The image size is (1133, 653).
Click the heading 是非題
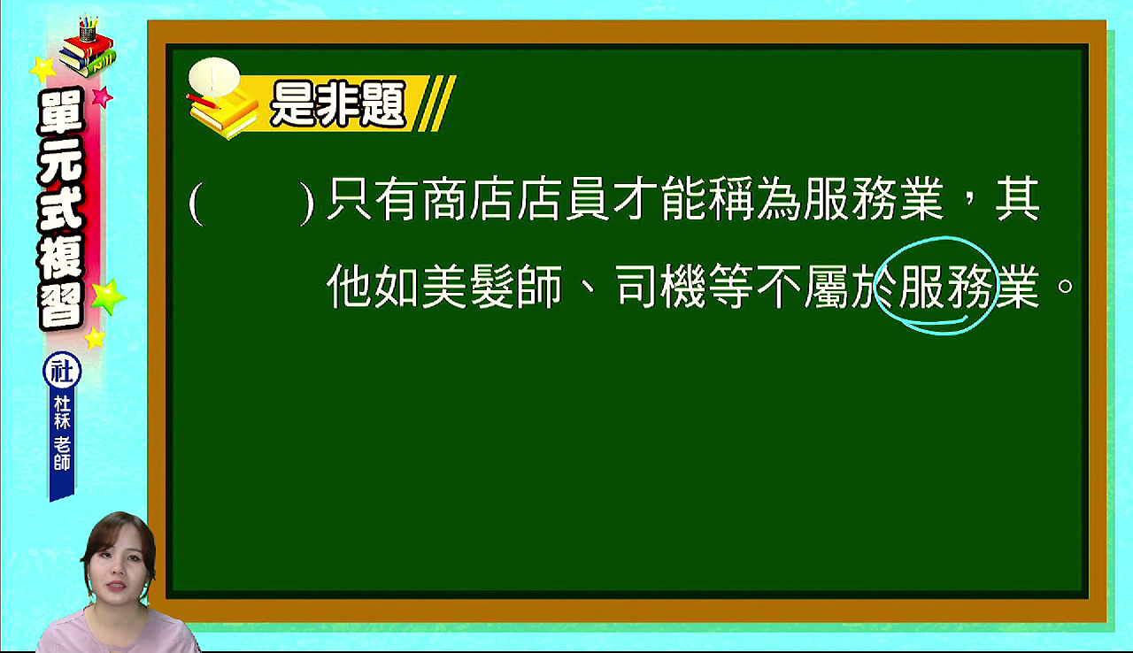[x=338, y=104]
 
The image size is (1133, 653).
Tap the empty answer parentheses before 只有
[x=251, y=203]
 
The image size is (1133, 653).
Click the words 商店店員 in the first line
[x=515, y=198]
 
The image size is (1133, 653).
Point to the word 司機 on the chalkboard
[x=660, y=286]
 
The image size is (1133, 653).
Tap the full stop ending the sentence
[x=1065, y=287]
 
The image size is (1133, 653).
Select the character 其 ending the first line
[x=1018, y=198]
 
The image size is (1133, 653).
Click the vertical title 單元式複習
[x=61, y=209]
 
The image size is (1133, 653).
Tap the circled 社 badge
[x=62, y=371]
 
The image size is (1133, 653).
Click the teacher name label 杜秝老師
[x=62, y=433]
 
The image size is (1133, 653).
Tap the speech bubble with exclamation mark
[x=214, y=77]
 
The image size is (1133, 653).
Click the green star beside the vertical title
[x=108, y=296]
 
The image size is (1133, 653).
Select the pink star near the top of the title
[x=103, y=96]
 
